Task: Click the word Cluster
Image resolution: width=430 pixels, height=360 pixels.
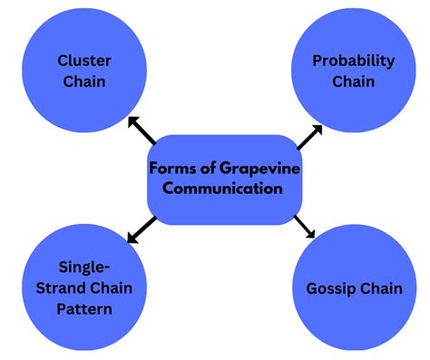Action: coord(83,62)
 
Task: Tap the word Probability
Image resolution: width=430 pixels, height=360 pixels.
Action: coord(353,62)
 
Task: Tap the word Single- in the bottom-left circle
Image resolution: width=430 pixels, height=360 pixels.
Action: coord(83,268)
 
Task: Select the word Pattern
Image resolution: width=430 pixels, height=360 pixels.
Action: coord(83,310)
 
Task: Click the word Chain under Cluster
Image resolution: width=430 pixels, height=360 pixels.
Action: coord(83,83)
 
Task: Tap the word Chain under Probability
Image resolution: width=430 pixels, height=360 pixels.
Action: coord(353,83)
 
